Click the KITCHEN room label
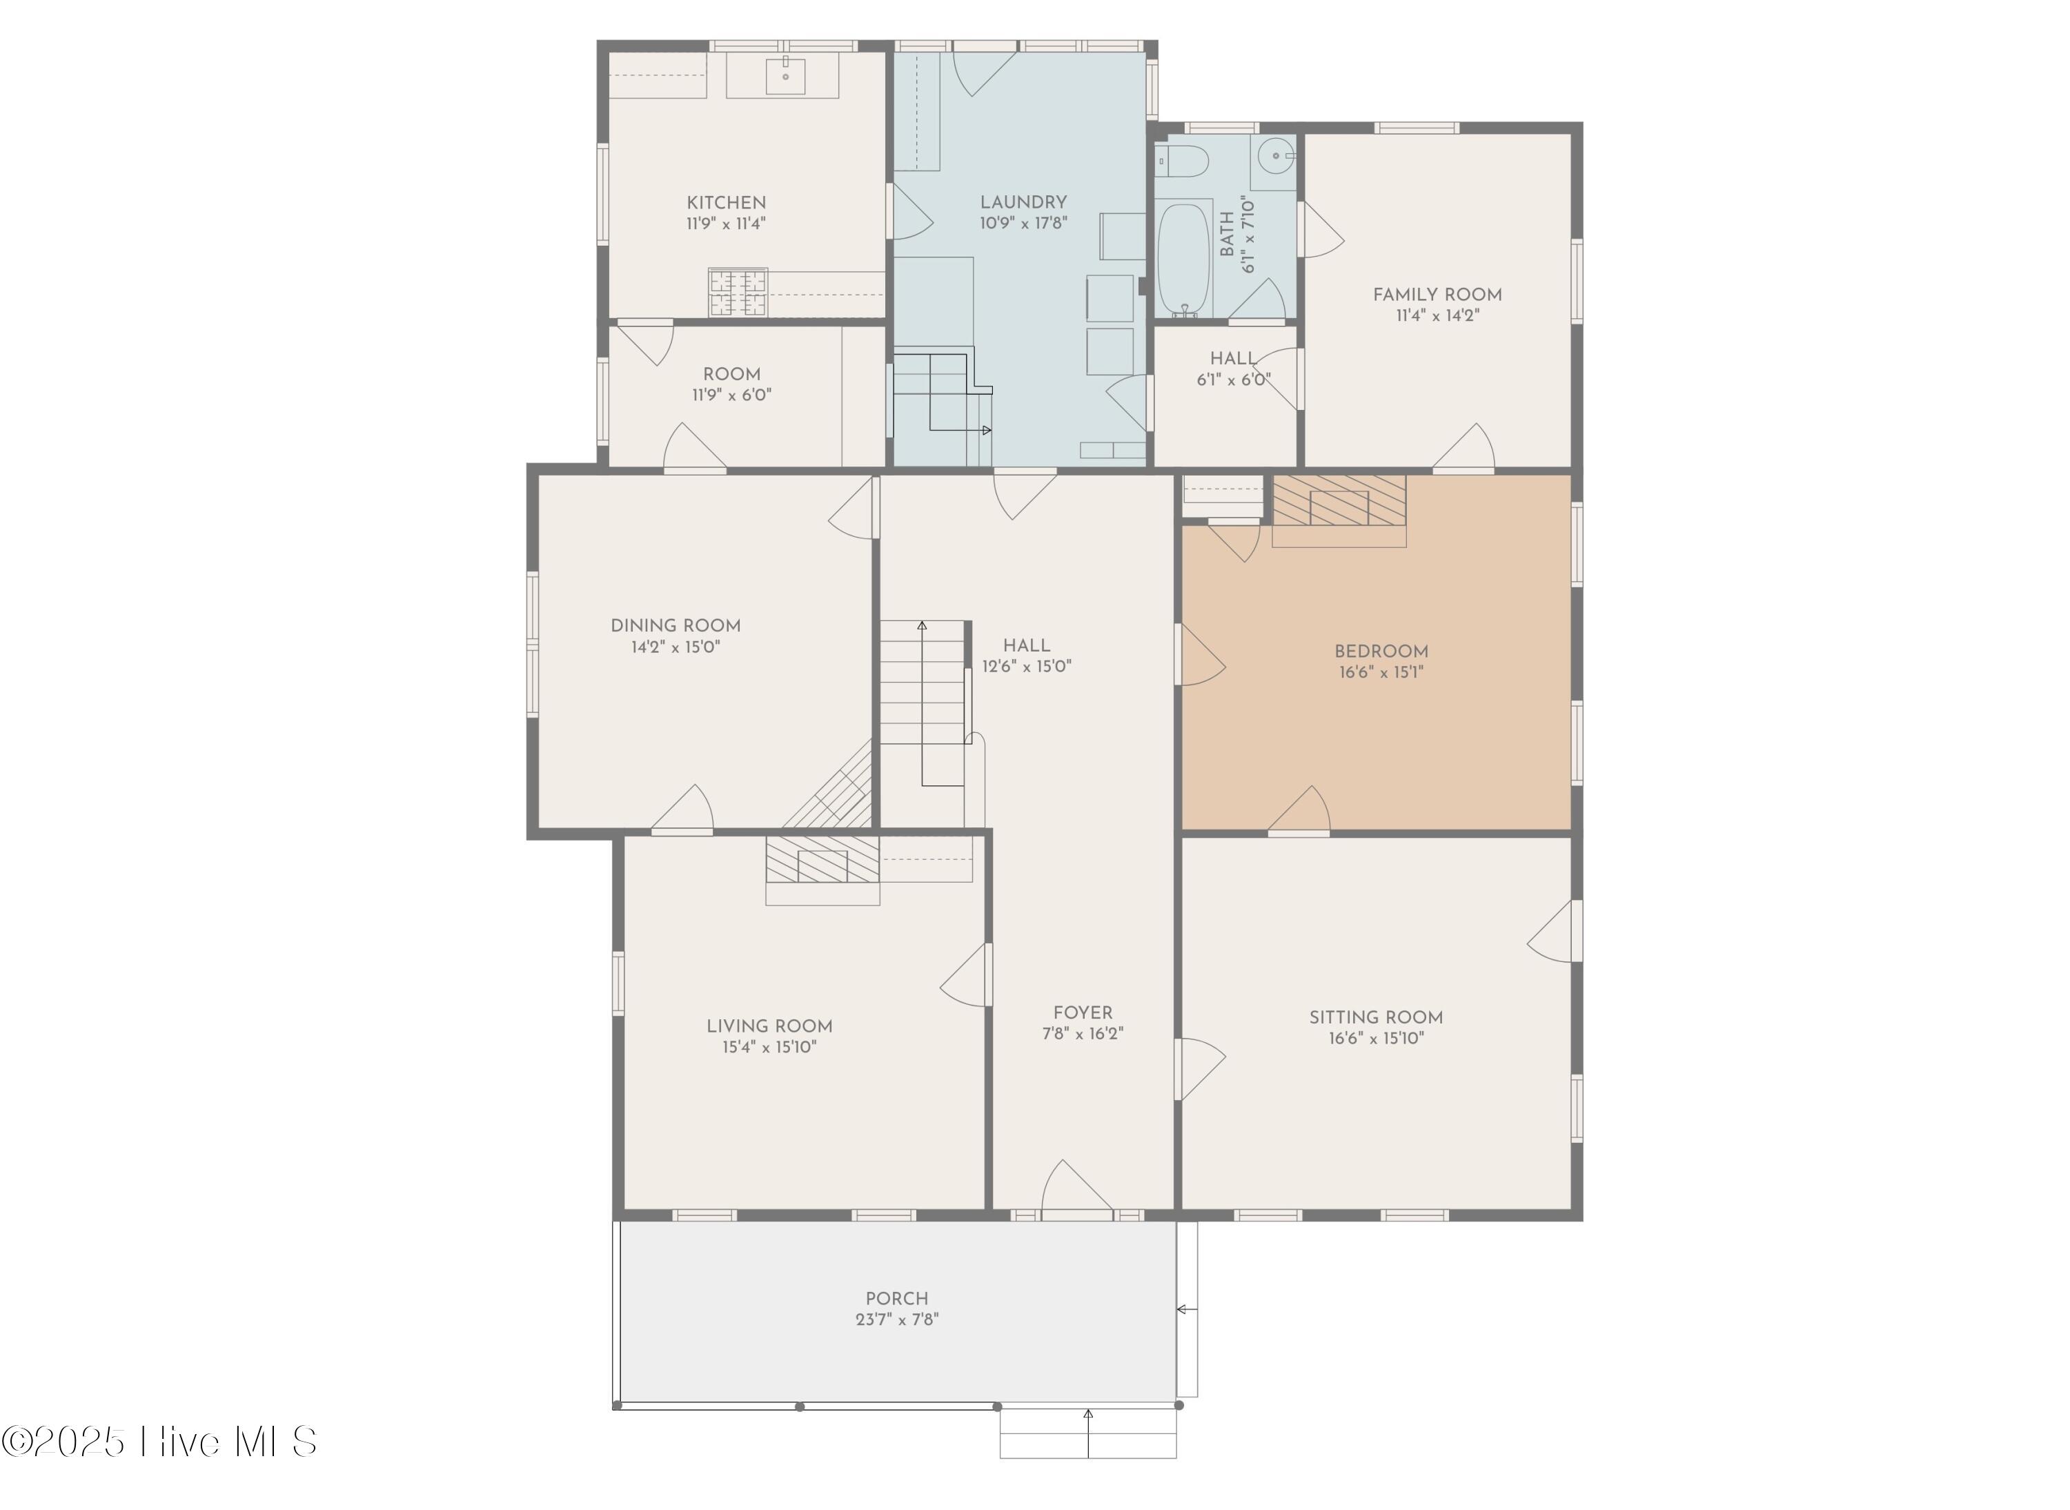[x=726, y=202]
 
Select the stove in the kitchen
[x=738, y=293]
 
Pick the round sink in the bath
[x=1274, y=155]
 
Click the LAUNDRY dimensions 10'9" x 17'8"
[x=1023, y=223]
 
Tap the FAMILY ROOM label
[x=1437, y=294]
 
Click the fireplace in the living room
[x=822, y=860]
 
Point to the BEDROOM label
[x=1381, y=651]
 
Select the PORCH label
[x=896, y=1298]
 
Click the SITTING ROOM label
[x=1375, y=1017]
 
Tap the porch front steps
[x=1087, y=1433]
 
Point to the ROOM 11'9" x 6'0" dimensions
[x=731, y=395]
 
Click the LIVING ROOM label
[x=769, y=1026]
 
